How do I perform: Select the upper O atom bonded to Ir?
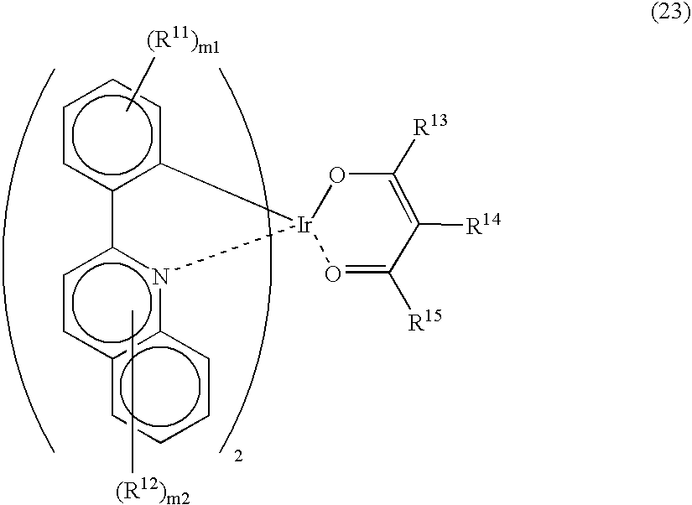coord(337,176)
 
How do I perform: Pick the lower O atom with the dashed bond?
coord(333,274)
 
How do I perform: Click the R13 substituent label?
coord(429,125)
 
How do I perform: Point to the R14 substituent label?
coord(483,224)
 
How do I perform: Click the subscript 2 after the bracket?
coord(238,456)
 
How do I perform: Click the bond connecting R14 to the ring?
coord(440,224)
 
